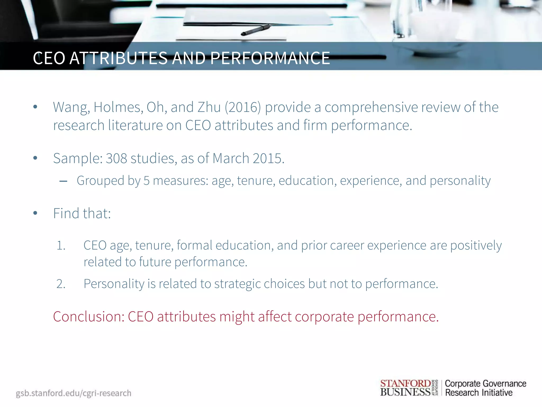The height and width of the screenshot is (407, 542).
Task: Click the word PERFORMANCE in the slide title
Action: click(270, 58)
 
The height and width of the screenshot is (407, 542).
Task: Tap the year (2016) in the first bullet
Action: click(243, 107)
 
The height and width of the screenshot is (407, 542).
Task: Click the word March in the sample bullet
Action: click(231, 158)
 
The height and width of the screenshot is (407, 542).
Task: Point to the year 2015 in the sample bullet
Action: click(268, 158)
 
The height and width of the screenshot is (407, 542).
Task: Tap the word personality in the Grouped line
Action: click(460, 181)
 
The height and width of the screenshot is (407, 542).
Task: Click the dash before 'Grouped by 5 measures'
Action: click(63, 182)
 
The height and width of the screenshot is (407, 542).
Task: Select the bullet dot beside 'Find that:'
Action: click(35, 213)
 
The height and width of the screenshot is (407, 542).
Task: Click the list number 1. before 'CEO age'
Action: click(61, 246)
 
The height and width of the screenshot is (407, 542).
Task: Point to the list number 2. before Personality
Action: click(61, 284)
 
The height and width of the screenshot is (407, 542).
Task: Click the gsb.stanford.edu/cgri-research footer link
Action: click(74, 393)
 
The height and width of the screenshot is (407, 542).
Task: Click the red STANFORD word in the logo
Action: click(405, 383)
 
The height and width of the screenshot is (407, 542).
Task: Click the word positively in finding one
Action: click(476, 246)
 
